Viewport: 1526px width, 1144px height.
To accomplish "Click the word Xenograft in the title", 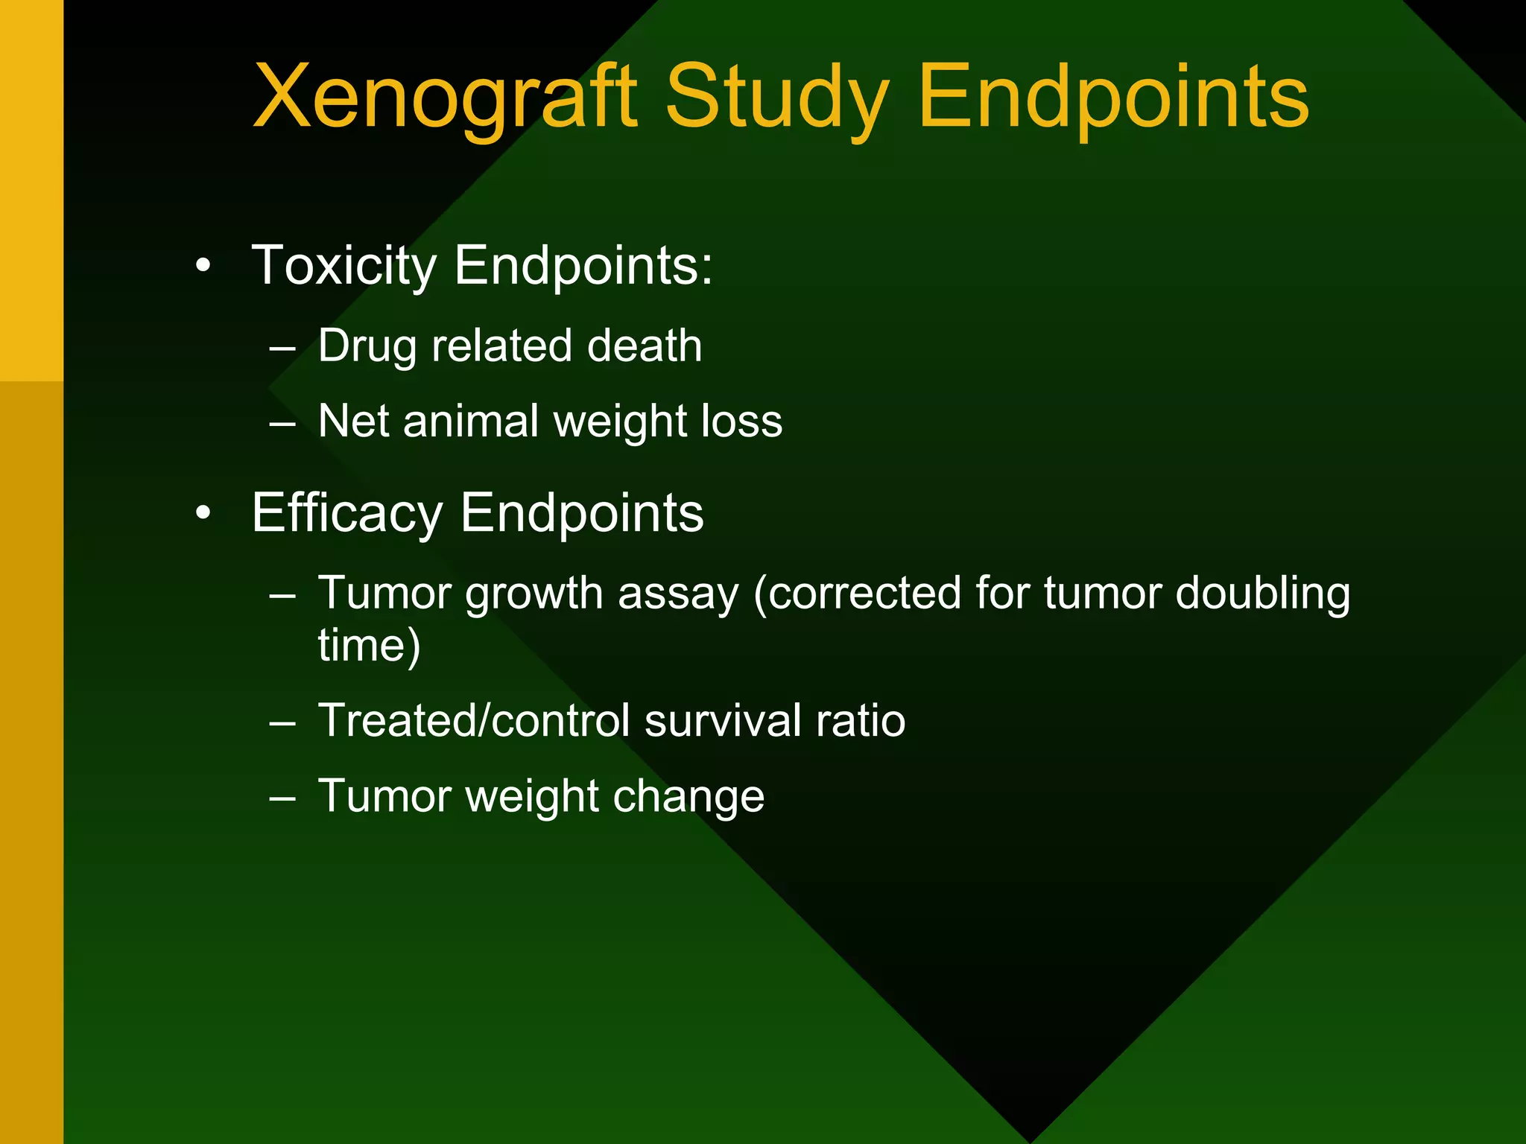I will [x=445, y=98].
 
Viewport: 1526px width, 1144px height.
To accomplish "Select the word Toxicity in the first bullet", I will [x=344, y=266].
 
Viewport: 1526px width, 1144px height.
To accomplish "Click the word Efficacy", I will [x=347, y=513].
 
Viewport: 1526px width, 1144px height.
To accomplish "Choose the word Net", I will [x=353, y=421].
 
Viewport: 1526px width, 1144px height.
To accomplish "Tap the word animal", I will [x=470, y=421].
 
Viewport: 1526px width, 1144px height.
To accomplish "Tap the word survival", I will [x=722, y=721].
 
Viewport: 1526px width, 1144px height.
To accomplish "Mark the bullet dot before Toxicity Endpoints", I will [x=203, y=266].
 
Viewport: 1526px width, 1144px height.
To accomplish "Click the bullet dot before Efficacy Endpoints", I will [x=203, y=513].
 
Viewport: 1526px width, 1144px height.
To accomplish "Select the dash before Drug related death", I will [x=283, y=348].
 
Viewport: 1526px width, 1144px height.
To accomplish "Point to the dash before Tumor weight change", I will [x=283, y=798].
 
